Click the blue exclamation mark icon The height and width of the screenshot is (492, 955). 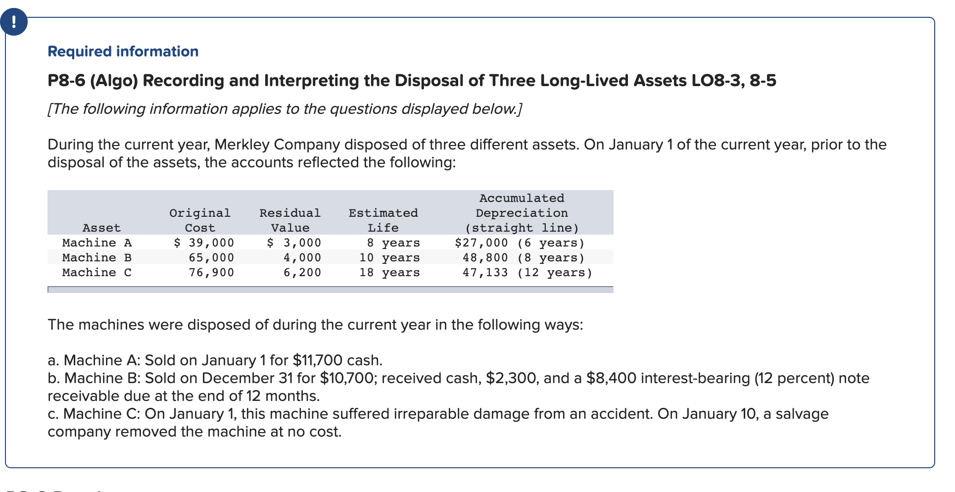(x=13, y=22)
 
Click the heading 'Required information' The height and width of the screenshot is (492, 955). (x=123, y=51)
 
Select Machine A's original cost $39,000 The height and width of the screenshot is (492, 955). (x=204, y=243)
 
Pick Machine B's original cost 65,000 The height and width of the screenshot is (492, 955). (x=211, y=258)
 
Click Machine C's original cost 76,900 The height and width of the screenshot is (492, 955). (x=211, y=273)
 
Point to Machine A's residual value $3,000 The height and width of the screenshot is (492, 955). (x=294, y=243)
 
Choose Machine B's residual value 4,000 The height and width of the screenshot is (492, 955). (x=302, y=258)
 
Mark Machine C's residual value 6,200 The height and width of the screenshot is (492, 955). (x=302, y=273)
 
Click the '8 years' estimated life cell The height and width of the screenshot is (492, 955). (x=393, y=243)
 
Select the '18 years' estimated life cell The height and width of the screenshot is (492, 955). (x=389, y=273)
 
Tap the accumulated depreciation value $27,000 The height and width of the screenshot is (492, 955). (x=481, y=243)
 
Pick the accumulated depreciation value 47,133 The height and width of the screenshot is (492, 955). (x=485, y=273)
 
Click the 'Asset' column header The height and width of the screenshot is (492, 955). (x=101, y=228)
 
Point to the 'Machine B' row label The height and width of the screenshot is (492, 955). (x=97, y=258)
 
